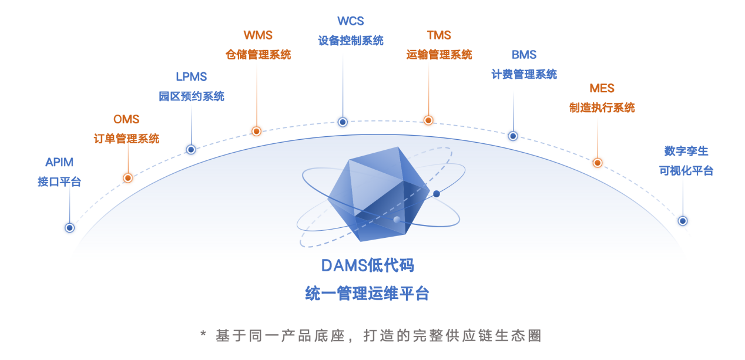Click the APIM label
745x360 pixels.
pyautogui.click(x=59, y=162)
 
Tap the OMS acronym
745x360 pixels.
pyautogui.click(x=126, y=119)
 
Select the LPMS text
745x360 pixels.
pyautogui.click(x=191, y=77)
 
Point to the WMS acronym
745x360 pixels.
pyautogui.click(x=258, y=35)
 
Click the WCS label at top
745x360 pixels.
pyautogui.click(x=351, y=21)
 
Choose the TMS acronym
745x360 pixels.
pyautogui.click(x=439, y=35)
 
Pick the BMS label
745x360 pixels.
pyautogui.click(x=524, y=55)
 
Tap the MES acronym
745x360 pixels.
pyautogui.click(x=602, y=89)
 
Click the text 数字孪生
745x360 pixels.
pyautogui.click(x=686, y=152)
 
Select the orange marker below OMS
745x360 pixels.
pyautogui.click(x=127, y=178)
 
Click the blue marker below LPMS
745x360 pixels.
pyautogui.click(x=191, y=150)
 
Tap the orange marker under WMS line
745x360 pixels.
pyautogui.click(x=256, y=132)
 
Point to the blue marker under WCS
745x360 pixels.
pyautogui.click(x=343, y=122)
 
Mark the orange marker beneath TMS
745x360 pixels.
pyautogui.click(x=428, y=120)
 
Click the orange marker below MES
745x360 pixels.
pyautogui.click(x=598, y=163)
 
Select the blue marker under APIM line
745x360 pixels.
pyautogui.click(x=69, y=228)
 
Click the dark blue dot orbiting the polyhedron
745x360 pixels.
pyautogui.click(x=437, y=194)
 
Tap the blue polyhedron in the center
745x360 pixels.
pyautogui.click(x=378, y=194)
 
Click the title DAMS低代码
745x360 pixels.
pyautogui.click(x=368, y=265)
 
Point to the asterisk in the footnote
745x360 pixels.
pyautogui.click(x=203, y=334)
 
